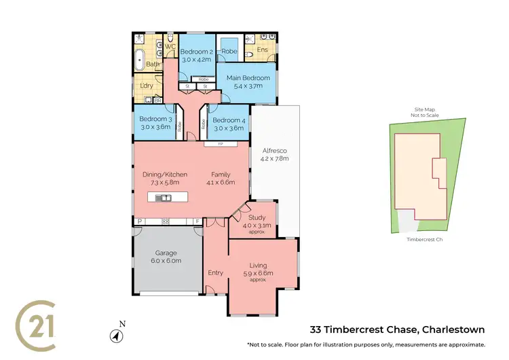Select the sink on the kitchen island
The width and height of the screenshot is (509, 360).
coord(163,198)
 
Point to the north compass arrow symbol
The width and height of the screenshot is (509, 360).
coord(115,336)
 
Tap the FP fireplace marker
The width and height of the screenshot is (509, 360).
coord(220,145)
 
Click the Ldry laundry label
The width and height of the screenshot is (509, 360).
coord(146,86)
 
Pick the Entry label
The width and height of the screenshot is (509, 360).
coord(216,272)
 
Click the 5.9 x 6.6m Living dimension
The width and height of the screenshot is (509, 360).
coord(258,273)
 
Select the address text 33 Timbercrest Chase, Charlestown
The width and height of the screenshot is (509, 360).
coord(397,330)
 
